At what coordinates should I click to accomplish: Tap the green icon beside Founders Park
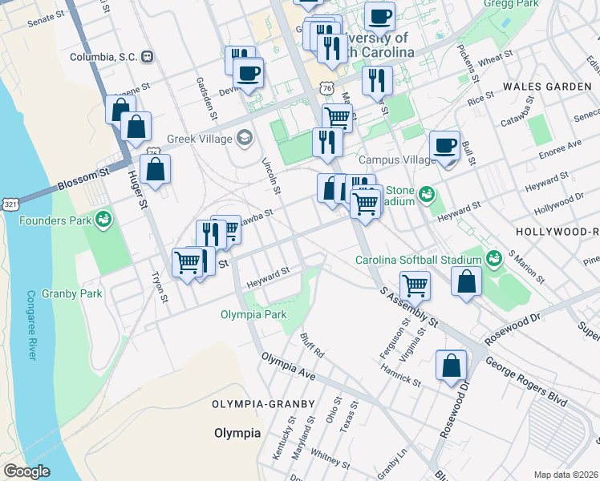tap(103, 219)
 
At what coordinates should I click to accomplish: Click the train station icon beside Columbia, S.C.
tap(147, 57)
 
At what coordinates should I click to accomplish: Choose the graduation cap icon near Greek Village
tap(243, 138)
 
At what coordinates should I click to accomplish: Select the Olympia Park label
tap(253, 314)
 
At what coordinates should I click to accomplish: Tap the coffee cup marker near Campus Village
tap(444, 147)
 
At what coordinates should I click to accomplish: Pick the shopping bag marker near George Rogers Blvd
tap(452, 366)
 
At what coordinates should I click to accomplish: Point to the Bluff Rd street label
tap(312, 347)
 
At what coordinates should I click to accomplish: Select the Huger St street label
tap(135, 189)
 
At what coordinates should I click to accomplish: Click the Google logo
tap(26, 471)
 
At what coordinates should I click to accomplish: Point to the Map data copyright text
tap(566, 475)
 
